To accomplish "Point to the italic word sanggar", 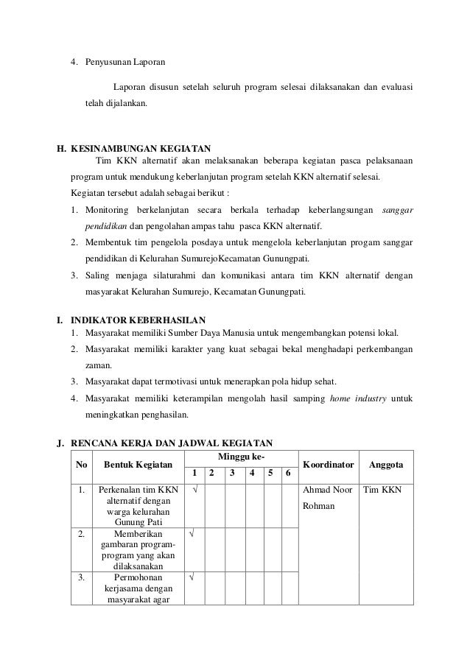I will click(398, 211).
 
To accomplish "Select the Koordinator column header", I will click(329, 465).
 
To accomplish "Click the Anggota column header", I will click(385, 465).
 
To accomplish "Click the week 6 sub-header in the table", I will click(289, 473).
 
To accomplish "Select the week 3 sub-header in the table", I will click(233, 473).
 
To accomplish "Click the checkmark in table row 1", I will click(194, 489).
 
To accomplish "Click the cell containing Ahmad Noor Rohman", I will click(328, 498).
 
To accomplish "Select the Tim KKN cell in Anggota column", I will click(383, 489).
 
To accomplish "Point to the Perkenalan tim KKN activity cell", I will click(133, 505).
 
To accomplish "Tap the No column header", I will click(80, 465).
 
